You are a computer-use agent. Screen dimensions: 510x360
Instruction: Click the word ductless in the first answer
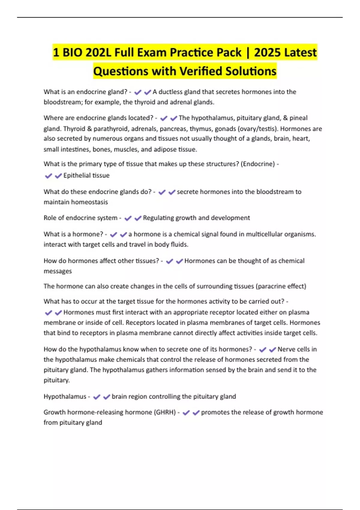pyautogui.click(x=170, y=92)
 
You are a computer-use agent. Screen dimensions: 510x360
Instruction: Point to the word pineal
pyautogui.click(x=298, y=118)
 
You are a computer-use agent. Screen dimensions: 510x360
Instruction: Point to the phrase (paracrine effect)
pyautogui.click(x=281, y=286)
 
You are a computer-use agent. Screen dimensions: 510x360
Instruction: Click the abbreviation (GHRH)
pyautogui.click(x=165, y=412)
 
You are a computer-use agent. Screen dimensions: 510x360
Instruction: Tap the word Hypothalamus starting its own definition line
pyautogui.click(x=65, y=397)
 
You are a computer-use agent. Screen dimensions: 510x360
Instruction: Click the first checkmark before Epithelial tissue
pyautogui.click(x=48, y=176)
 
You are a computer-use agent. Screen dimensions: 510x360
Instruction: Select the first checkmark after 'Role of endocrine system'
pyautogui.click(x=128, y=218)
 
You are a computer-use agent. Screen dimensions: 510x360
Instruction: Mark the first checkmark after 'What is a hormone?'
pyautogui.click(x=113, y=235)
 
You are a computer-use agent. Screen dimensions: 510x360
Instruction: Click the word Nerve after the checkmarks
pyautogui.click(x=286, y=349)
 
